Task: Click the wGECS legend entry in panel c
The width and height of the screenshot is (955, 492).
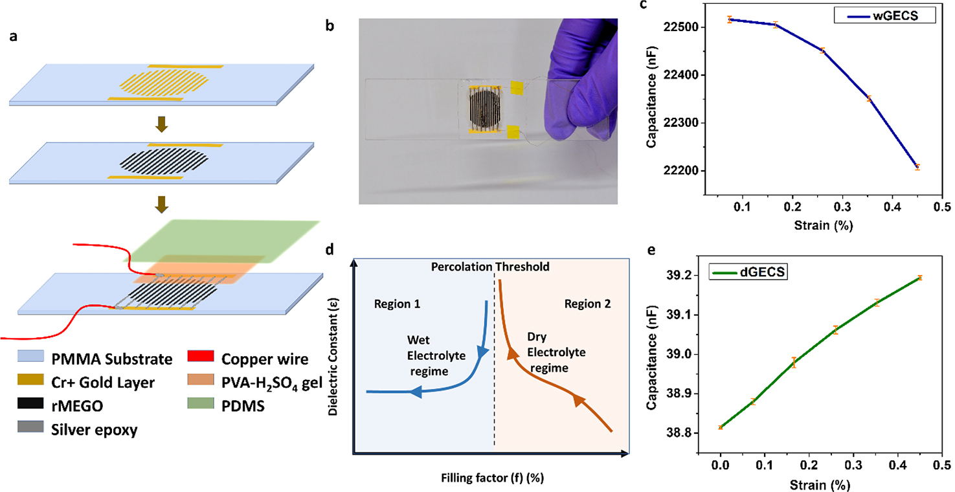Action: pos(886,16)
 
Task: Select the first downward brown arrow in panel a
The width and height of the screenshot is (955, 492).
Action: pos(163,124)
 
